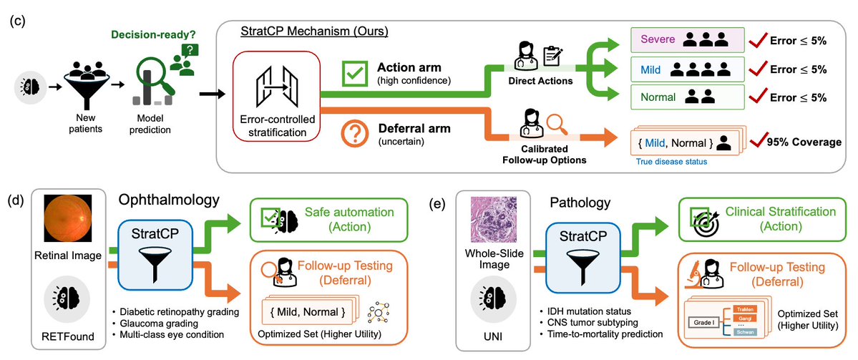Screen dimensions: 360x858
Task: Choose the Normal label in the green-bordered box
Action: pos(658,97)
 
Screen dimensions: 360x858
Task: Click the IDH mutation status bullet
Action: pos(585,313)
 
